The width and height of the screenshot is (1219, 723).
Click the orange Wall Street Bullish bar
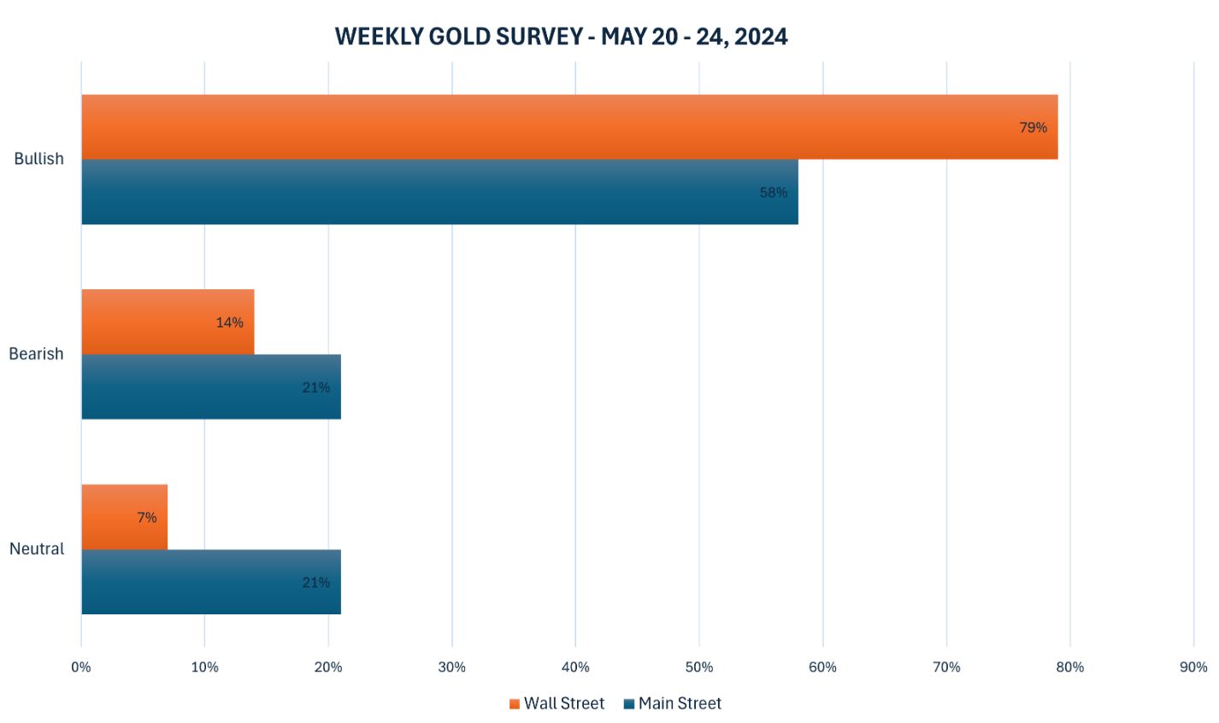(569, 127)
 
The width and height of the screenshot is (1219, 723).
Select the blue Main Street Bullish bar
(439, 192)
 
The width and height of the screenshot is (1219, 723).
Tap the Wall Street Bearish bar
(168, 322)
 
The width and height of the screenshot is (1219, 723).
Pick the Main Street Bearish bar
(211, 387)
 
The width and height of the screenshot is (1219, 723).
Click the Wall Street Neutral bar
(124, 517)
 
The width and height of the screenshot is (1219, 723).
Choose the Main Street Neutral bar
(211, 582)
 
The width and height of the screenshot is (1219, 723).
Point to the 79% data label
(1033, 127)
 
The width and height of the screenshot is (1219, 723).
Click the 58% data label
(774, 193)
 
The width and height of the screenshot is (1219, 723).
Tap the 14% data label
(229, 323)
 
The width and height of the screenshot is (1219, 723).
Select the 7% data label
(147, 518)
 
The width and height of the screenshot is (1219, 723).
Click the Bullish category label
(38, 158)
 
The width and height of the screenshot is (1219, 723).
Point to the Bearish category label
(36, 353)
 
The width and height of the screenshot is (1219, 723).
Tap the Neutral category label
(37, 548)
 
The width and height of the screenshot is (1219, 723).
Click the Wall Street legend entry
(556, 703)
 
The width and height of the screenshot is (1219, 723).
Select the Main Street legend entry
(673, 703)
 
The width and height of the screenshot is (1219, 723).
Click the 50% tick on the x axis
(699, 667)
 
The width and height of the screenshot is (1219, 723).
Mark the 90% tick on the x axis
(1193, 667)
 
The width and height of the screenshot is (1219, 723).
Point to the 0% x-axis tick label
(80, 667)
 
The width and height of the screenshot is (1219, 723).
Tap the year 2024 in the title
(760, 36)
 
